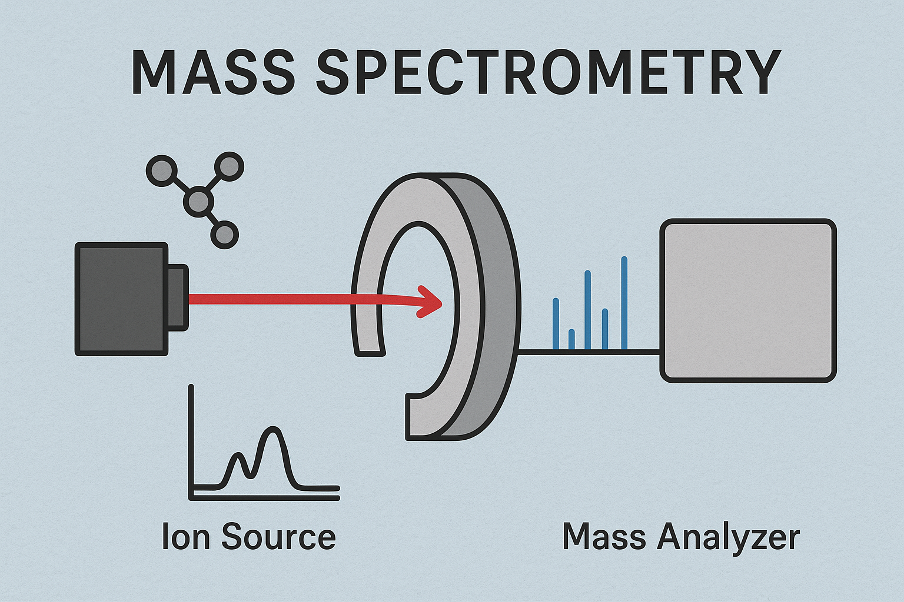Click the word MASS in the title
[212, 72]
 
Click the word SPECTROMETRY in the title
[548, 72]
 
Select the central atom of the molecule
[198, 201]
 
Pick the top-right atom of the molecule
[229, 166]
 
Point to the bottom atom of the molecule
[225, 235]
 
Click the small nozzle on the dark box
[178, 297]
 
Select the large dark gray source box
[121, 299]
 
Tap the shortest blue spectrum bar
[571, 340]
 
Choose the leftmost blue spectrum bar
[556, 324]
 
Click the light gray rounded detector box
[748, 301]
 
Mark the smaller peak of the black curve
[239, 455]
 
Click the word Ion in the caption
[185, 536]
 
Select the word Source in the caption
[278, 536]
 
